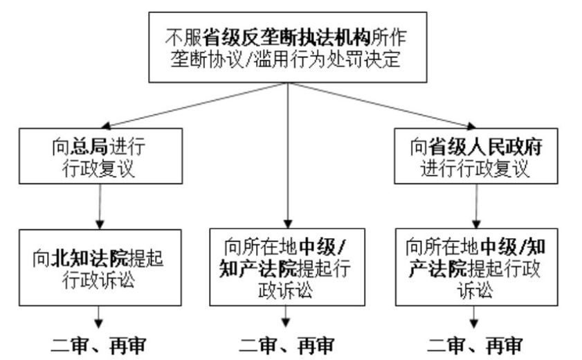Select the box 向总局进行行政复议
(x=102, y=158)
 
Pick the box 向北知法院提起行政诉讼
(x=102, y=267)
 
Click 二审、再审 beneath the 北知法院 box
(x=102, y=345)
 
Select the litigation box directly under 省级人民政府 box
(x=475, y=267)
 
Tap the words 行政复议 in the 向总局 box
(x=102, y=169)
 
